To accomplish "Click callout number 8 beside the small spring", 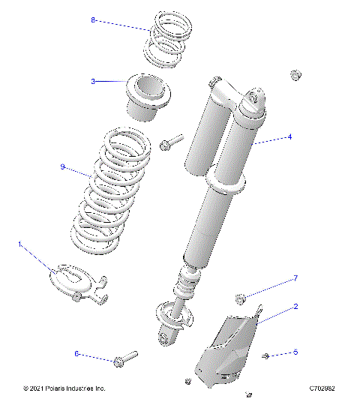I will pyautogui.click(x=93, y=20).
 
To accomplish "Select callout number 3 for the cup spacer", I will pyautogui.click(x=93, y=81).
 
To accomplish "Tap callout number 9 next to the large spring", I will pyautogui.click(x=62, y=166).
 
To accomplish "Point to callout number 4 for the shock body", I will pyautogui.click(x=289, y=137).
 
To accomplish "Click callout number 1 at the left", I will pyautogui.click(x=20, y=244).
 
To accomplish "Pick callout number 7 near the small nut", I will pyautogui.click(x=295, y=278).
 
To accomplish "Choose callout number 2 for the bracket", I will pyautogui.click(x=295, y=306).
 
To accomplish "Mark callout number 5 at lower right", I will pyautogui.click(x=295, y=352).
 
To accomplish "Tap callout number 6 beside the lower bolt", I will pyautogui.click(x=76, y=352).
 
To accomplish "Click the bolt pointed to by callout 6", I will pyautogui.click(x=125, y=358).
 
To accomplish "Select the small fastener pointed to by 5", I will pyautogui.click(x=265, y=355).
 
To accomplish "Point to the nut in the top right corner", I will pyautogui.click(x=295, y=75).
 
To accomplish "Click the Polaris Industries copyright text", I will pyautogui.click(x=64, y=389).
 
